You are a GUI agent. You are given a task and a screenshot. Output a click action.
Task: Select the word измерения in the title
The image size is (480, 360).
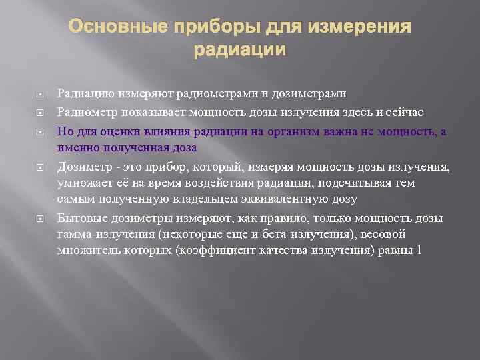point(361,27)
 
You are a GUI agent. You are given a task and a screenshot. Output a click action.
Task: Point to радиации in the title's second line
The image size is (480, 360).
point(239,50)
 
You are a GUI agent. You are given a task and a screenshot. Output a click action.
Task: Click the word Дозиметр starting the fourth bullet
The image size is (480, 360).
point(81,165)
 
